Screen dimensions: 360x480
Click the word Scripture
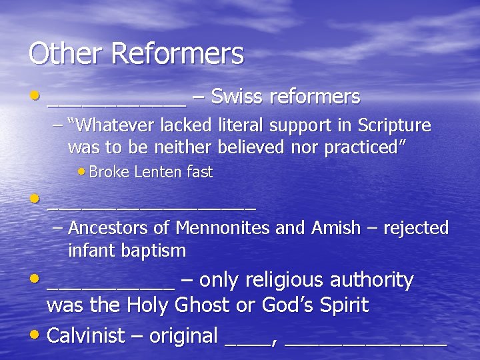[x=395, y=125]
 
